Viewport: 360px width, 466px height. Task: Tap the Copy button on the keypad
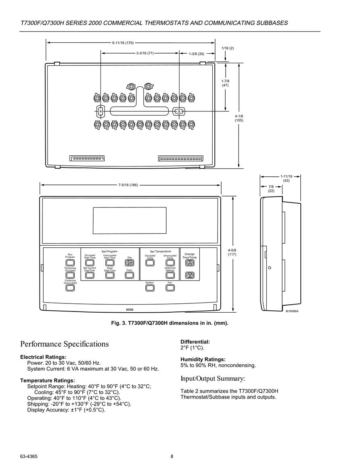point(129,275)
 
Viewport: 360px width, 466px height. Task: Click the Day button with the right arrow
point(129,263)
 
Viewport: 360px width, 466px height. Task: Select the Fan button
point(170,288)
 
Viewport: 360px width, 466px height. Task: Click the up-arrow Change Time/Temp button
point(190,263)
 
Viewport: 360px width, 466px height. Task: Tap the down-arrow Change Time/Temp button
point(190,275)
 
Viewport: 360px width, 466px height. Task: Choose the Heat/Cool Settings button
point(170,275)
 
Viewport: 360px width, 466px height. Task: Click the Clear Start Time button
point(110,275)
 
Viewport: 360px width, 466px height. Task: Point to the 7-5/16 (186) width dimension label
point(128,185)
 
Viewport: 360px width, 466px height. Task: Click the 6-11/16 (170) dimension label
point(123,43)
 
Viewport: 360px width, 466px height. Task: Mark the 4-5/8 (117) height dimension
point(232,252)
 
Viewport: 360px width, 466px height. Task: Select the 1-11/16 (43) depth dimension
point(286,178)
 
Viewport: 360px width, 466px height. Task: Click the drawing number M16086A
point(292,311)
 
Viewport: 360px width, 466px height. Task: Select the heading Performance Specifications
point(65,344)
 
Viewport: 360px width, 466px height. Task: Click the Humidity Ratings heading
point(203,359)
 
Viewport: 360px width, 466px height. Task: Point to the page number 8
point(172,456)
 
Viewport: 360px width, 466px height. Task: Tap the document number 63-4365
point(29,456)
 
